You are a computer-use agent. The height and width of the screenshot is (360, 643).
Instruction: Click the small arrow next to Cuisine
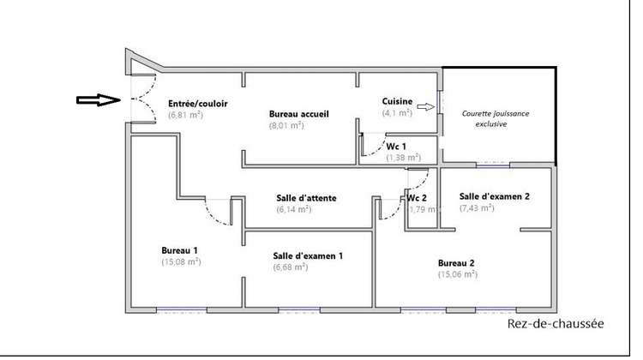[x=425, y=108]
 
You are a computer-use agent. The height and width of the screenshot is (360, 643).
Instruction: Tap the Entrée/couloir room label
[x=198, y=102]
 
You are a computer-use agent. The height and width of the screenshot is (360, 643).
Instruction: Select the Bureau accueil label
[x=299, y=114]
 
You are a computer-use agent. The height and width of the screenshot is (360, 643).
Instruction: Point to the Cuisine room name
[x=397, y=101]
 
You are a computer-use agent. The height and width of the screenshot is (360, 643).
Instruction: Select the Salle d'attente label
[x=306, y=197]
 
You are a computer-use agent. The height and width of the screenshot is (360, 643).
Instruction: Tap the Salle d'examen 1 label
[x=309, y=255]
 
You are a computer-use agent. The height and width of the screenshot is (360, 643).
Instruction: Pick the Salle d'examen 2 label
[x=495, y=195]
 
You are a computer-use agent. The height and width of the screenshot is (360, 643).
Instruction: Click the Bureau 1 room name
[x=181, y=250]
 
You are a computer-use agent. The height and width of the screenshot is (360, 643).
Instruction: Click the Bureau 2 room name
[x=456, y=262]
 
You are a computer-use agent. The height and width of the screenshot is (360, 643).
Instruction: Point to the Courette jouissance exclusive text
[x=496, y=118]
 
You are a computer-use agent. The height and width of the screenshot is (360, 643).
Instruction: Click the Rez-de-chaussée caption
[x=555, y=324]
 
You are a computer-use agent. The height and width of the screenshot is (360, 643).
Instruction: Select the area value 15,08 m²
[x=181, y=261]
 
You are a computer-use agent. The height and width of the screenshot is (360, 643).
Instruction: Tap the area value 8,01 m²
[x=286, y=125]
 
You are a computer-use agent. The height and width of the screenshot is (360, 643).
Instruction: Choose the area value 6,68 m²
[x=291, y=267]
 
